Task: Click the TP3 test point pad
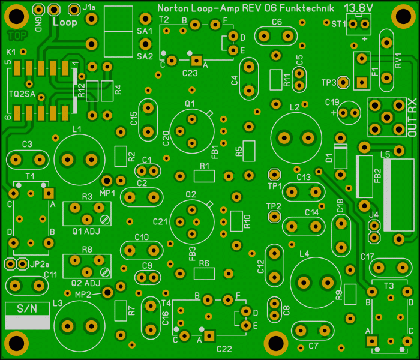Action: tap(343, 82)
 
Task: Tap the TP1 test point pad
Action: tap(274, 175)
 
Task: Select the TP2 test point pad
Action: tap(274, 216)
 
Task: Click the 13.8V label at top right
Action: tap(358, 8)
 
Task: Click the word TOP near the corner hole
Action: tap(17, 35)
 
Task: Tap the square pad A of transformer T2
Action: tap(196, 61)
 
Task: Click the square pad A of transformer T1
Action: tap(49, 193)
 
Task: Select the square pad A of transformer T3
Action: tap(372, 341)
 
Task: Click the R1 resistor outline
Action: tap(204, 176)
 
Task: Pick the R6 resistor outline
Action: tap(204, 274)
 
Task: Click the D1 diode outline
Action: tap(340, 157)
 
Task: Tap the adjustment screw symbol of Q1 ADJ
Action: tap(105, 220)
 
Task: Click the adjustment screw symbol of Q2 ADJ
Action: tap(105, 272)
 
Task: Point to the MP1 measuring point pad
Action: tap(107, 181)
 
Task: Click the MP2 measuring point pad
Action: tap(107, 292)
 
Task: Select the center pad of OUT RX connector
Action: tap(387, 117)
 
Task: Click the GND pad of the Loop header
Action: tap(38, 10)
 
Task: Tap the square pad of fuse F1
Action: tap(362, 82)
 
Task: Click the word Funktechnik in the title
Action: tap(307, 8)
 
